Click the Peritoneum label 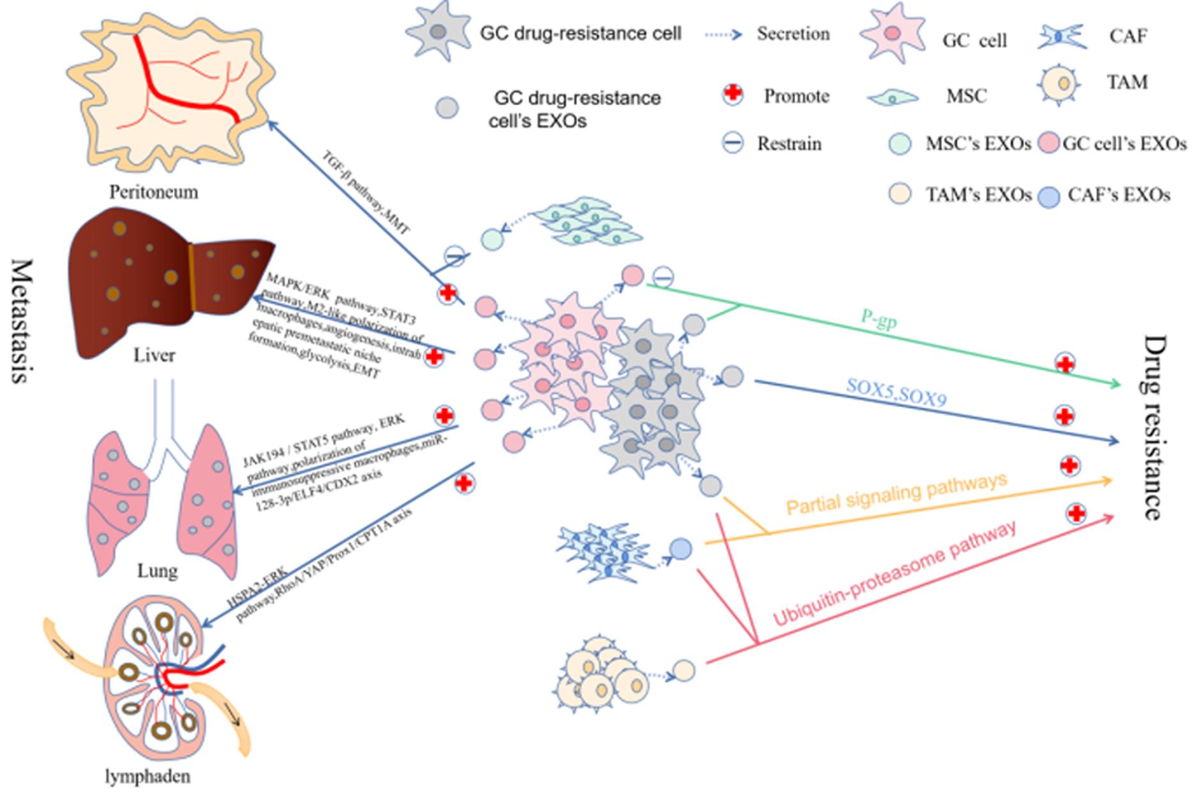153,192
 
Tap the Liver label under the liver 154,355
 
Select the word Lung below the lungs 157,571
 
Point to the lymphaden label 147,777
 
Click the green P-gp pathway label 878,321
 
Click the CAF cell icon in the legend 1062,36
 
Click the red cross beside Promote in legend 733,95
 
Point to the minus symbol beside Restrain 733,143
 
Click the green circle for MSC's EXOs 900,143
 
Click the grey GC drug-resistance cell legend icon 438,32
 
